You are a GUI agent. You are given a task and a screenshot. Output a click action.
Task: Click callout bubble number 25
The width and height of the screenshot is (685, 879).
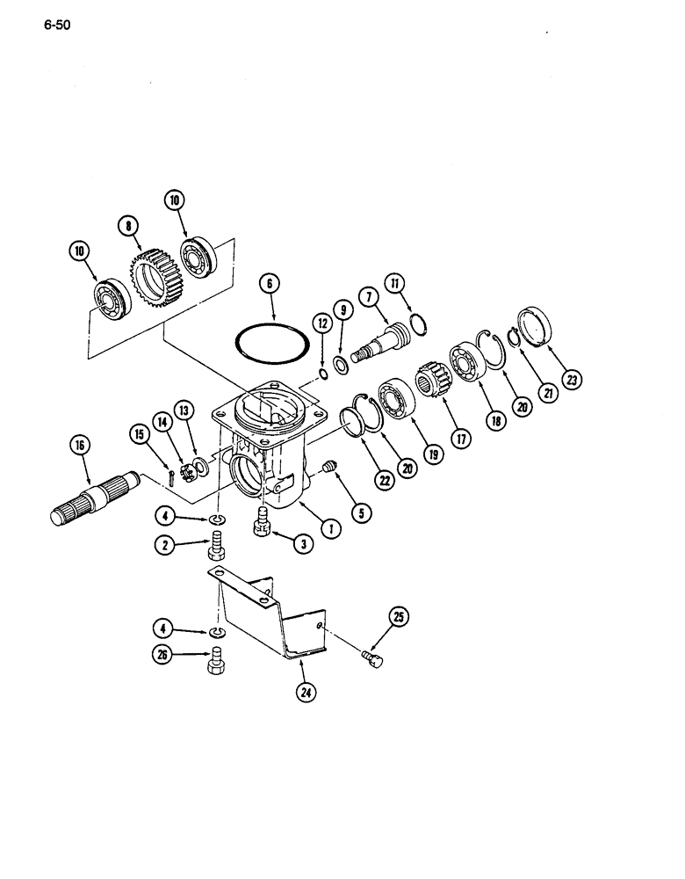point(400,621)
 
